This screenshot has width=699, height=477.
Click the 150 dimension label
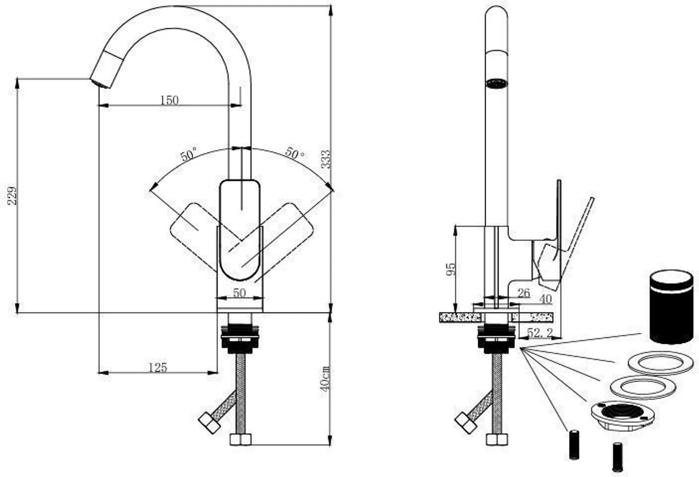(x=169, y=100)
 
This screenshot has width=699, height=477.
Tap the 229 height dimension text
(x=13, y=196)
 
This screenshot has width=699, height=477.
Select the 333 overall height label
(x=326, y=159)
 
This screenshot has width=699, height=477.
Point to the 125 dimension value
(x=158, y=367)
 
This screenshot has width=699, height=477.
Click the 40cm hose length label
(x=325, y=379)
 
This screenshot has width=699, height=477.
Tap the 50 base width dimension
(x=239, y=293)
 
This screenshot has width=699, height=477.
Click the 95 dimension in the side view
(x=451, y=269)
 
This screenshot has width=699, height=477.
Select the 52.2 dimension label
(x=539, y=332)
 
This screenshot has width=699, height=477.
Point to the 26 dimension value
(x=523, y=293)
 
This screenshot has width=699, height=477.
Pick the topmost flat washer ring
(x=661, y=363)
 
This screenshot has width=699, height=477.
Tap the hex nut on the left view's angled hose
(x=210, y=423)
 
